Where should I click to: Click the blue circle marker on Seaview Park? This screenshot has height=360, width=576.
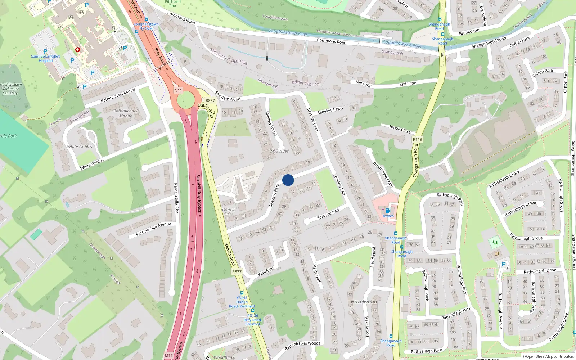288,180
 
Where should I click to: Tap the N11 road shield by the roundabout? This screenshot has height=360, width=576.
178,90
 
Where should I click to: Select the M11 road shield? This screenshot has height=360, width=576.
168,355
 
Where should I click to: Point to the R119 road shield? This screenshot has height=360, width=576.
417,139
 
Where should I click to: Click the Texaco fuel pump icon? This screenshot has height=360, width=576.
388,211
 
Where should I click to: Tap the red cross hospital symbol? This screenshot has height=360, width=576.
77,50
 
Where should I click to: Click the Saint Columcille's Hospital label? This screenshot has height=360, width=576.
46,58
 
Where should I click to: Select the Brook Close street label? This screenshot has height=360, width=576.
400,129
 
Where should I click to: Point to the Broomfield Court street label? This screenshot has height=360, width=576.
383,175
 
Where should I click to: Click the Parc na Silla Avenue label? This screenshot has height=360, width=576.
153,229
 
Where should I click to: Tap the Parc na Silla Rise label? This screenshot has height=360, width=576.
176,198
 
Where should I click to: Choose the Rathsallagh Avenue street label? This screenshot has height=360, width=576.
500,311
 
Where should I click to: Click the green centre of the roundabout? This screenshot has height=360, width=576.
185,100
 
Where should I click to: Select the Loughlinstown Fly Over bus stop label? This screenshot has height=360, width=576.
146,26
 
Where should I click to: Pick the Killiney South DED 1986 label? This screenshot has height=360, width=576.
229,57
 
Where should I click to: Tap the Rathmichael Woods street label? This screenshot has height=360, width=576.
302,346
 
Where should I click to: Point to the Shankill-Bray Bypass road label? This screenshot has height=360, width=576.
199,195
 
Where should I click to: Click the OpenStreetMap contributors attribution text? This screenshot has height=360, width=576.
548,356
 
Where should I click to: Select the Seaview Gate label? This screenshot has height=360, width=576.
228,211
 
